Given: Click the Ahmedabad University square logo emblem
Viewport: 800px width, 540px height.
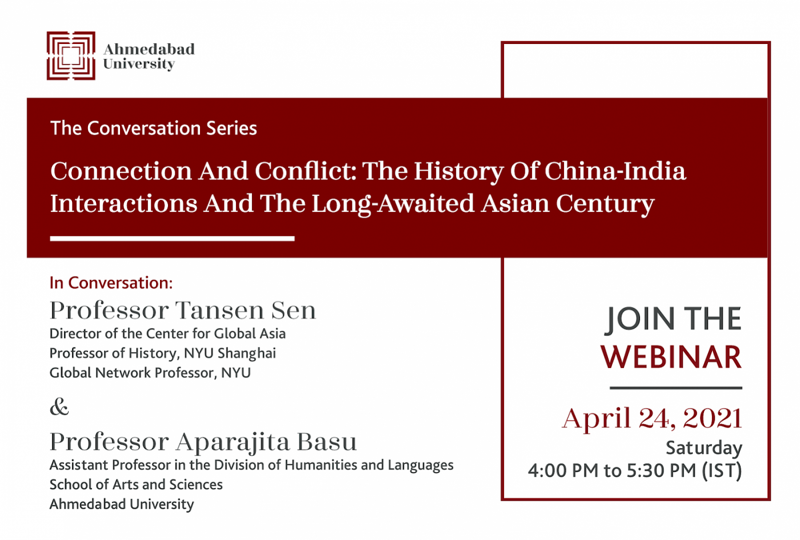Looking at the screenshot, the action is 71,56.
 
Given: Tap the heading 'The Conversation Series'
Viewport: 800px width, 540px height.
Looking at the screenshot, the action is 154,128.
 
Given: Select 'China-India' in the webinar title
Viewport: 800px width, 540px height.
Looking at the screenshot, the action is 615,171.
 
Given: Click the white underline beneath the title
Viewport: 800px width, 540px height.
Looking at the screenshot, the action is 172,239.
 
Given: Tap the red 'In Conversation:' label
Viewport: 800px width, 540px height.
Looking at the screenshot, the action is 111,283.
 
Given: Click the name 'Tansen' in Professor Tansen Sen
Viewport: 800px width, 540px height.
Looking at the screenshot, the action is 219,310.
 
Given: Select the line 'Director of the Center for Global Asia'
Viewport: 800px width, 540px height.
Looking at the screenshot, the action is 167,334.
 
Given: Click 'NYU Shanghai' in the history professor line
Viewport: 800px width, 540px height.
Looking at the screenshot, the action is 230,354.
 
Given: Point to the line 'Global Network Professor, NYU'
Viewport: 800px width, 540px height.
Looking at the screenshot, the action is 150,373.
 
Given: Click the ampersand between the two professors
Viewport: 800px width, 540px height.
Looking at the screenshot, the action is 59,406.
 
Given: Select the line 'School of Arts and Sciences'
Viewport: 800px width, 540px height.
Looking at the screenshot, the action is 136,485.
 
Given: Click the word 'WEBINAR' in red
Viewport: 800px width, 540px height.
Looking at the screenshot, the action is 671,357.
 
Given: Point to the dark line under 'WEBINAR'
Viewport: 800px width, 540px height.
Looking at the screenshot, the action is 675,387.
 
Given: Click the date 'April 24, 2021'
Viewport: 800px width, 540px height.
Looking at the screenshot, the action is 652,418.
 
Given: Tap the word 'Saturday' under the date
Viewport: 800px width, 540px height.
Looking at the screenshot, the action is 704,448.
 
